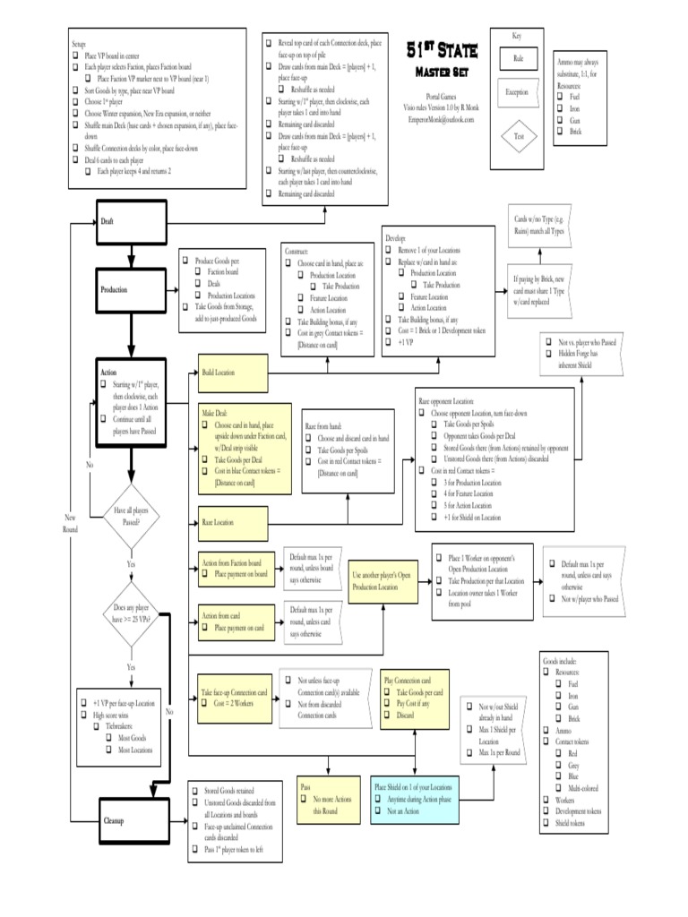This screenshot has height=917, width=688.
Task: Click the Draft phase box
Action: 132,220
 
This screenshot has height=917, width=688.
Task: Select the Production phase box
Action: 132,290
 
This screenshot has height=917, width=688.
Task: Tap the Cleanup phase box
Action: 132,821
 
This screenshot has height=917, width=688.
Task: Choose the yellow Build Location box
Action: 233,372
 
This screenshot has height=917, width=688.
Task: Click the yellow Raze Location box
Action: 233,520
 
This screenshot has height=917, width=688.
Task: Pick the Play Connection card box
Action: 414,698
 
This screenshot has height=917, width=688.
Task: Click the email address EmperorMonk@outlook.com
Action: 441,118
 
